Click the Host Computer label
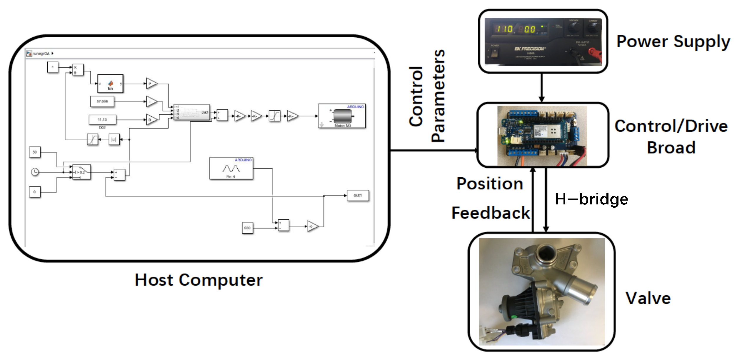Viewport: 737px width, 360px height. click(199, 280)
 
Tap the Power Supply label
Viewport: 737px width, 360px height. click(673, 42)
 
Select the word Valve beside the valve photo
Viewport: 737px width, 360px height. click(648, 298)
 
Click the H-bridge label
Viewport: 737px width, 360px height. click(591, 199)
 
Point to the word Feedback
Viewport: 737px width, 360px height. click(491, 213)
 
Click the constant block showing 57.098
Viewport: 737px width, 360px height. click(102, 101)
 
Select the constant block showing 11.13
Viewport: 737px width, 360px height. click(102, 119)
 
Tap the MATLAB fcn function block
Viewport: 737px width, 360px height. click(110, 84)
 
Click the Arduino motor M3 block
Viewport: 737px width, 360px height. click(342, 116)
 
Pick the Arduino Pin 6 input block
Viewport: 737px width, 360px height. click(231, 169)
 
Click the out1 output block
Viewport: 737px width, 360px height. click(358, 195)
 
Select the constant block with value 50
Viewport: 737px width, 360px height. click(35, 152)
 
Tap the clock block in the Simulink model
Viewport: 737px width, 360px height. click(35, 172)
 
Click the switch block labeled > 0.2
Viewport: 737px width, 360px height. click(81, 172)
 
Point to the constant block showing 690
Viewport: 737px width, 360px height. click(247, 228)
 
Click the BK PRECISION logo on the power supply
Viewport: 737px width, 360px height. click(529, 49)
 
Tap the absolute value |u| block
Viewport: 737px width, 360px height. click(114, 140)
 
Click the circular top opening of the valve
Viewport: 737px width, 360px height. click(545, 253)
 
